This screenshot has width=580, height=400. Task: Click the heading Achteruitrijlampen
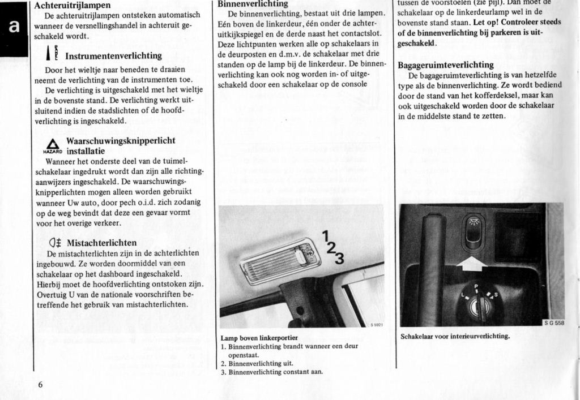point(72,5)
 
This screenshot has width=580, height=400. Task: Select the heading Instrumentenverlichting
point(113,56)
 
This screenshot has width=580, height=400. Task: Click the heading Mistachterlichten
point(102,243)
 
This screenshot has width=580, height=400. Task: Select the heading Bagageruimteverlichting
point(446,65)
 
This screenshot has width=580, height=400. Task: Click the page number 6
point(41,384)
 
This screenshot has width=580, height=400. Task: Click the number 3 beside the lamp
point(339,259)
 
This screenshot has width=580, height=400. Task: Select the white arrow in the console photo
point(471,261)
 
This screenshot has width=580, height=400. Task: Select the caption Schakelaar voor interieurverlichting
point(455,336)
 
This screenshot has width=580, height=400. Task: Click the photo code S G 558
point(553,323)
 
